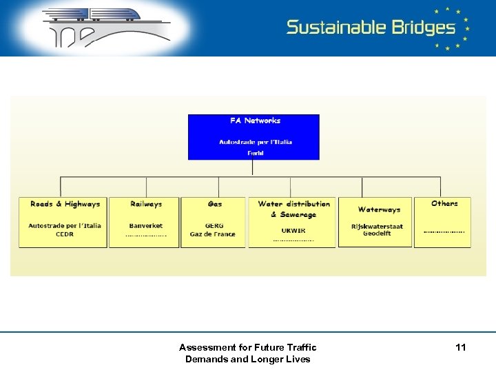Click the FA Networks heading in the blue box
(255, 121)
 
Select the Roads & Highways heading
(65, 204)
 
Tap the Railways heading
(146, 204)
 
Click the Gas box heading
(215, 204)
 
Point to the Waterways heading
(379, 209)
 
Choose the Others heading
(444, 203)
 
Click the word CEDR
(65, 234)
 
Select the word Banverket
(146, 226)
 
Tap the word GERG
(214, 226)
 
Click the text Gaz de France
(213, 234)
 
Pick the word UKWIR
(293, 231)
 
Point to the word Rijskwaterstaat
(377, 226)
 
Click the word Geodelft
(377, 234)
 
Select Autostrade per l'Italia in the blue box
(255, 142)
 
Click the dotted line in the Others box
(444, 231)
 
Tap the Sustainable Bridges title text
(371, 28)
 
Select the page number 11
(460, 347)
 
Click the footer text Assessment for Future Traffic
(247, 347)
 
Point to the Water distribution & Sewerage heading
(293, 209)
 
